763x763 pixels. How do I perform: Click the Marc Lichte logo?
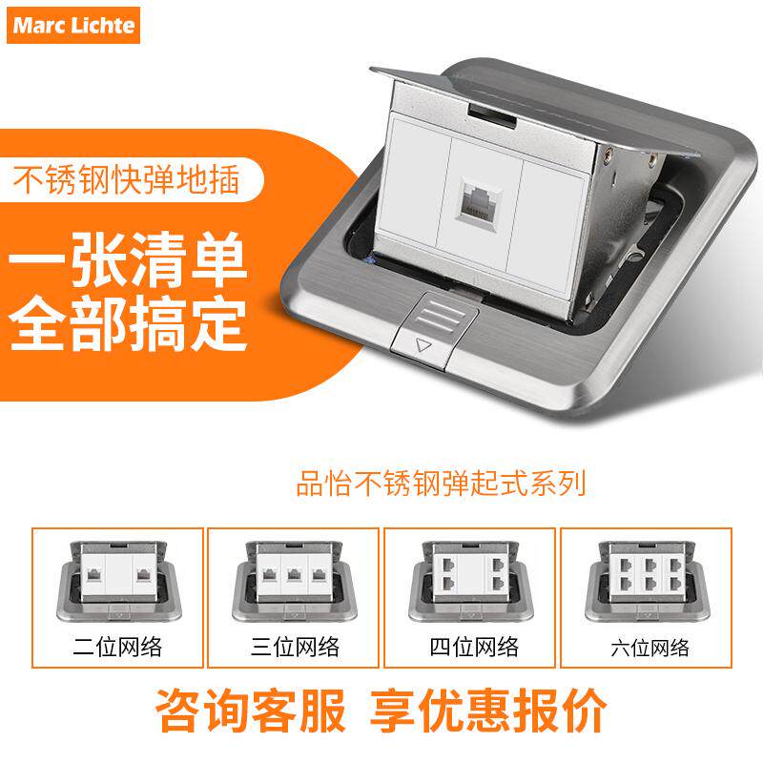[74, 26]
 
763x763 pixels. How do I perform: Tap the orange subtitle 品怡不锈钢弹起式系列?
[440, 484]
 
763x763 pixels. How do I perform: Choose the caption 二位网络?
[117, 648]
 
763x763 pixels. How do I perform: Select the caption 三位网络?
[295, 648]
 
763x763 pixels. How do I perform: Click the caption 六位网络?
[650, 648]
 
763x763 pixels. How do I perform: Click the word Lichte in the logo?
[102, 26]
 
